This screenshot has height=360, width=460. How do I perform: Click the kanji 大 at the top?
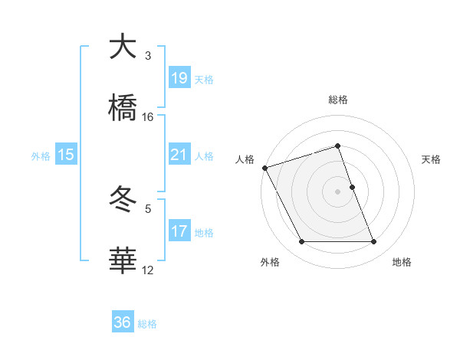123,47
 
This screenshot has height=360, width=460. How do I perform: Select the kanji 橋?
123,108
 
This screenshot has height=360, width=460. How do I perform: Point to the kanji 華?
123,260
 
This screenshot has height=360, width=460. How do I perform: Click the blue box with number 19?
179,78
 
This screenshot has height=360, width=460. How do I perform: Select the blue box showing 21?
179,155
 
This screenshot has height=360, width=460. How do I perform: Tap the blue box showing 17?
179,231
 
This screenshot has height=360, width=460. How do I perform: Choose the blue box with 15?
65,155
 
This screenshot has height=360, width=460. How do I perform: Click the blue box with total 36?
122,322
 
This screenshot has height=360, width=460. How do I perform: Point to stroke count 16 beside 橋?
148,117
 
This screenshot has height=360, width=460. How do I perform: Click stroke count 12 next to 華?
148,270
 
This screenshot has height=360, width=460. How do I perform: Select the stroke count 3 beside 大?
148,56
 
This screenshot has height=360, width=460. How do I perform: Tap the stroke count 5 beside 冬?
148,208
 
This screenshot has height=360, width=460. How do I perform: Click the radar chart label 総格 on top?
338,100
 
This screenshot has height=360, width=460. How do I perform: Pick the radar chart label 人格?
245,159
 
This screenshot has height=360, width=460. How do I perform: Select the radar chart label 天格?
431,159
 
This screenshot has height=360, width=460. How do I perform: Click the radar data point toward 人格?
264,168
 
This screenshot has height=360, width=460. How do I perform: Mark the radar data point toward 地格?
374,242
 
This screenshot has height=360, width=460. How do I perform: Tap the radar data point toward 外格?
301,242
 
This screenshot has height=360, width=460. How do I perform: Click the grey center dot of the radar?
338,191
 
